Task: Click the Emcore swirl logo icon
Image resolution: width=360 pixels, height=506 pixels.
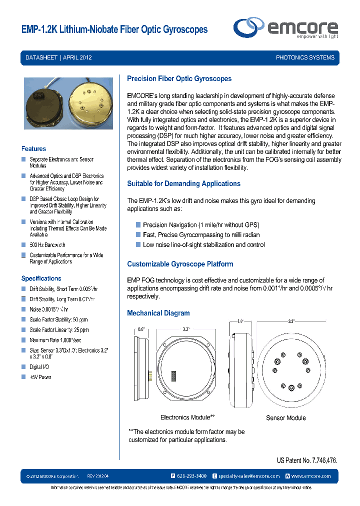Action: point(249,26)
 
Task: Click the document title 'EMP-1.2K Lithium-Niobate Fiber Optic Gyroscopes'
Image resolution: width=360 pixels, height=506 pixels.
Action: point(114,30)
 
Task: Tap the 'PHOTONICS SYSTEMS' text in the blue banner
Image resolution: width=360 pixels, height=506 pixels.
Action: point(305,57)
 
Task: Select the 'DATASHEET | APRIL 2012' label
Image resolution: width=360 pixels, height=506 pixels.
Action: point(58,57)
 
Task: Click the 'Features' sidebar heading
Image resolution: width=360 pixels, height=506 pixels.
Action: point(33,148)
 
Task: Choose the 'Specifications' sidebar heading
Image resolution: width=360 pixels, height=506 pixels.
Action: point(41,278)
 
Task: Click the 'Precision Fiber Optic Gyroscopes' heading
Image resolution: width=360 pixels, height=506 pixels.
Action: point(179,78)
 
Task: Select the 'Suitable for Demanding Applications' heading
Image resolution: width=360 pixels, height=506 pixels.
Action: point(183,183)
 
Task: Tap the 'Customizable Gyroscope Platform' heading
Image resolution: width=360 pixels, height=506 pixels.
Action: point(180,264)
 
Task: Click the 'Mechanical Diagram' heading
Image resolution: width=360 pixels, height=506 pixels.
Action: point(158,313)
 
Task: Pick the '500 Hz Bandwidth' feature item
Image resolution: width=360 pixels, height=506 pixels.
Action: point(47,245)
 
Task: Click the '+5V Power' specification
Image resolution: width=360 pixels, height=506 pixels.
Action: point(40,377)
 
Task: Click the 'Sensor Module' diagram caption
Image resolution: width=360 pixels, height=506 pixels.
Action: point(285,417)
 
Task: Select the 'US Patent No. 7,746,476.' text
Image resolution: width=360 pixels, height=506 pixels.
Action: point(306,460)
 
